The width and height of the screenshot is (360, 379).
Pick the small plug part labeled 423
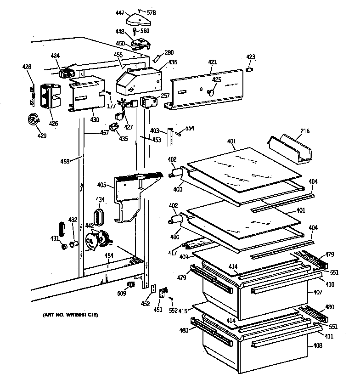click(x=250, y=69)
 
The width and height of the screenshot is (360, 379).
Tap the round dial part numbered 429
click(x=34, y=119)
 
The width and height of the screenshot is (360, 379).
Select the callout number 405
click(x=101, y=186)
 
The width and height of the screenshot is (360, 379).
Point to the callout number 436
click(x=173, y=62)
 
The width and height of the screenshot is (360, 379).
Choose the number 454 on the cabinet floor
click(x=109, y=256)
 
